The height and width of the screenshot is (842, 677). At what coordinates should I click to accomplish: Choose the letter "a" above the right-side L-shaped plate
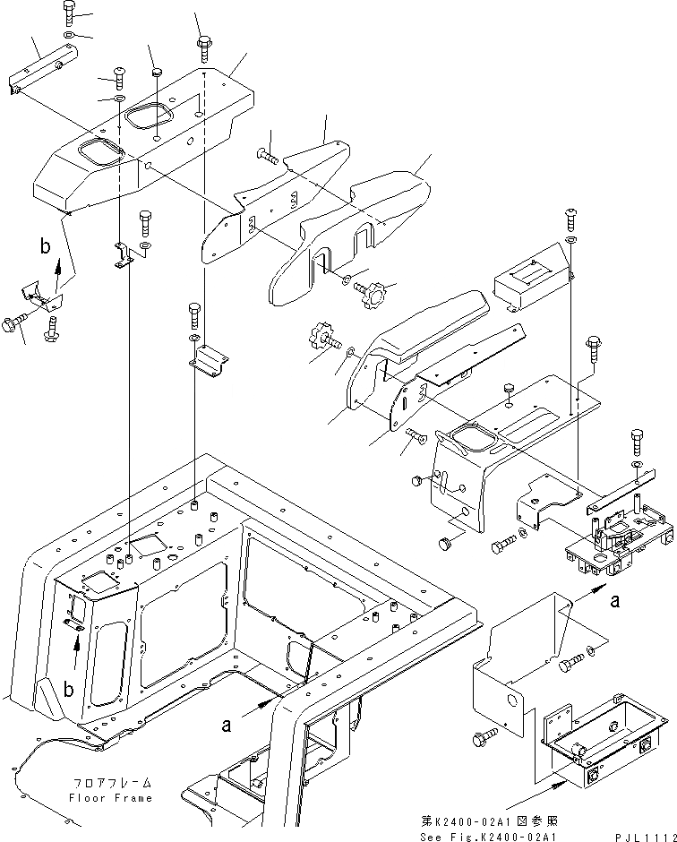click(614, 603)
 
